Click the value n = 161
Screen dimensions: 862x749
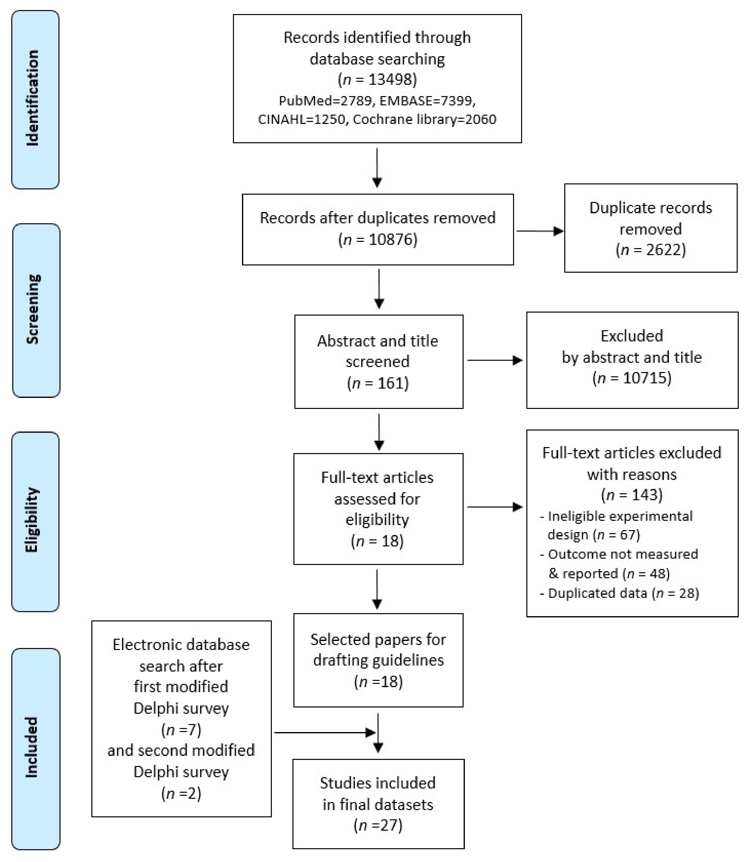(x=378, y=383)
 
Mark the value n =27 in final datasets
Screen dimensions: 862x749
(x=378, y=825)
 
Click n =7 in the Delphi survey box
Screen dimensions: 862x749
(x=181, y=730)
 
